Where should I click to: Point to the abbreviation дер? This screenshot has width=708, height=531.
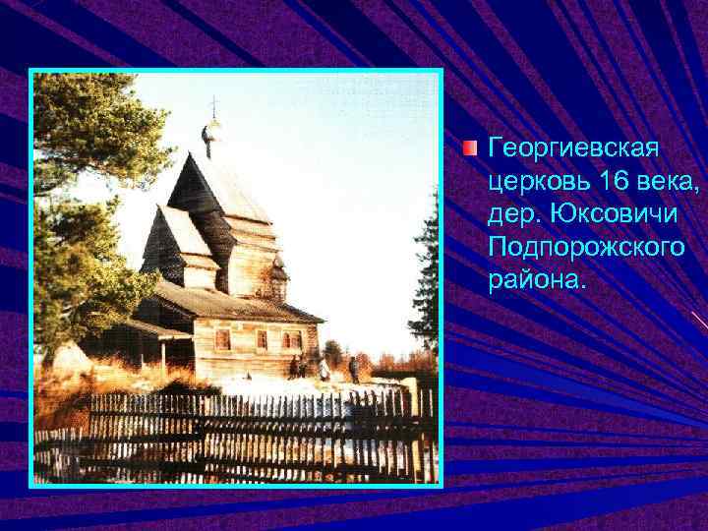513,213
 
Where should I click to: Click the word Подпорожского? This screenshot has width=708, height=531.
586,246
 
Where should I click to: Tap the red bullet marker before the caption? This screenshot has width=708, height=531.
471,148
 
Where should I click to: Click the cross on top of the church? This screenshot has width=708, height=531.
212,107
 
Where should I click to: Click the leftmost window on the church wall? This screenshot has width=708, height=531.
223,339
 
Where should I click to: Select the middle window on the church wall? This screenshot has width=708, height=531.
261,339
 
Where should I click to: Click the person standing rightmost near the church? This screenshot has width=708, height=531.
353,369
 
